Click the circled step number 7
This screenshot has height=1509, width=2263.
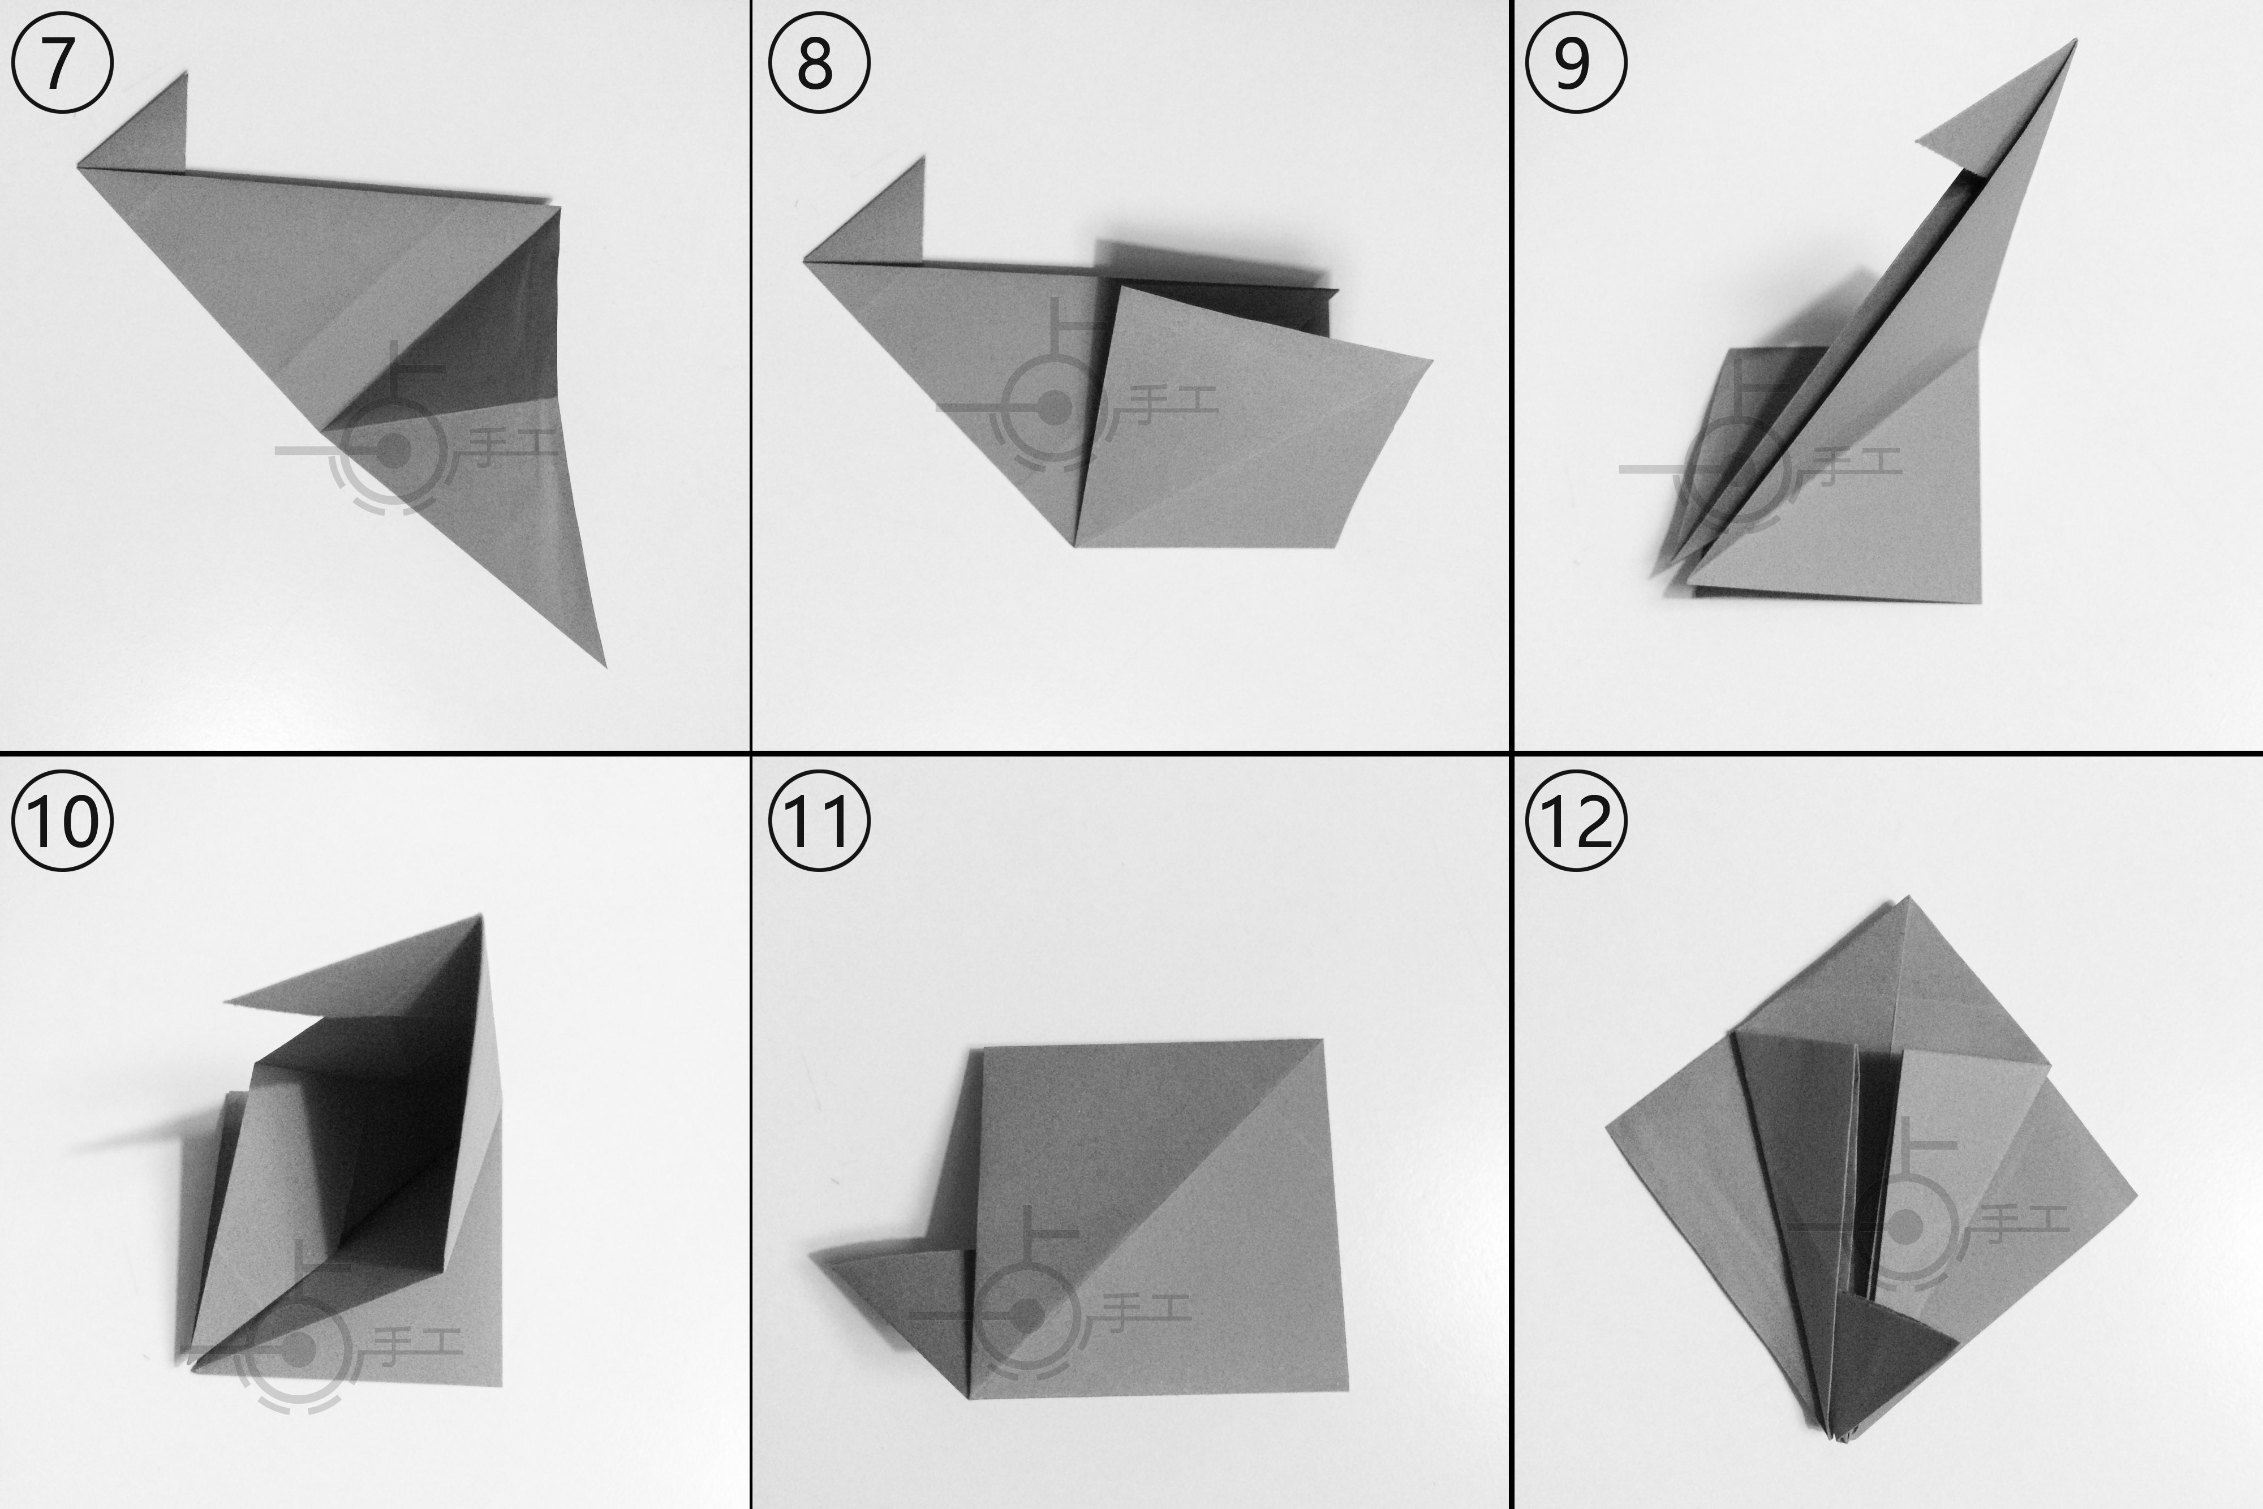pos(62,63)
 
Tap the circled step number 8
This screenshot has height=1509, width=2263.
pos(819,63)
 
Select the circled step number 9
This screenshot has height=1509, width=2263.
pos(1577,63)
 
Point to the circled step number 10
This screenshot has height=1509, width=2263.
pos(62,821)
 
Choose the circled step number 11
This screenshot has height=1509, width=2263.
pos(819,821)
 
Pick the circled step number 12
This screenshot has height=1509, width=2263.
pos(1577,821)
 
